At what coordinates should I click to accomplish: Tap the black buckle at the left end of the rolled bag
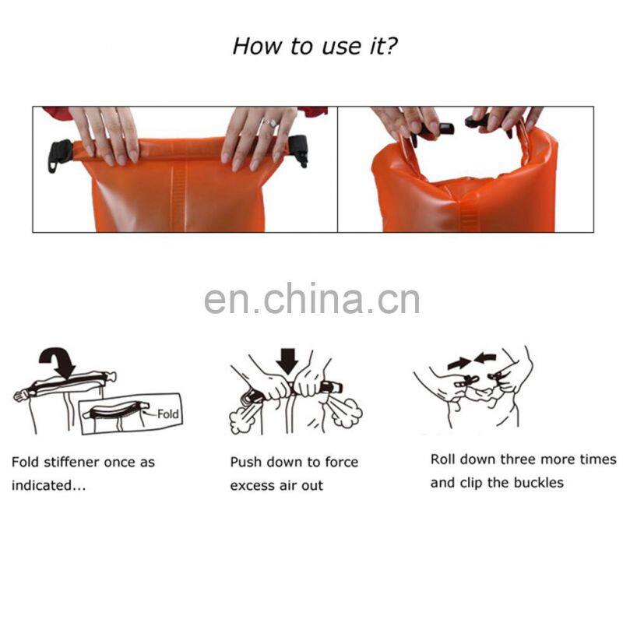tap(60, 155)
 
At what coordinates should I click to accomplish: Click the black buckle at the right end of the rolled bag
tap(298, 150)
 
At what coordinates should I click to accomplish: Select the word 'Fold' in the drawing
tap(167, 414)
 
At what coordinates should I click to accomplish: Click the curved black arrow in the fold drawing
tap(58, 361)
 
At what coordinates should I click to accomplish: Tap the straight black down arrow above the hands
tap(287, 361)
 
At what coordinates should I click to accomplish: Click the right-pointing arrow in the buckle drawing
tap(459, 362)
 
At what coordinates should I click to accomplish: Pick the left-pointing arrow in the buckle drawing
tap(485, 357)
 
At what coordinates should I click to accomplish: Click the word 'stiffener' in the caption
tap(72, 462)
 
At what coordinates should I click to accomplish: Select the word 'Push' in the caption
tap(245, 462)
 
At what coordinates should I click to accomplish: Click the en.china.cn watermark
tap(312, 299)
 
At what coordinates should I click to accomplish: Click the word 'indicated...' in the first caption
tap(48, 485)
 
